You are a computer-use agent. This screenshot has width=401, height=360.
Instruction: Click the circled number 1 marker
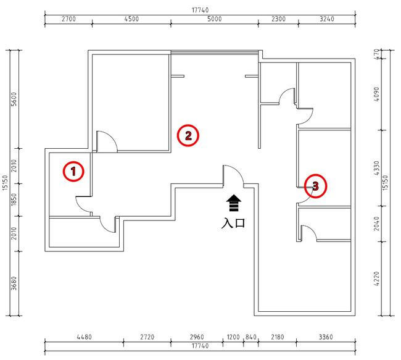[x=73, y=171]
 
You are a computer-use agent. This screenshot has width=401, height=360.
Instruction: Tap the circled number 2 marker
[x=188, y=135]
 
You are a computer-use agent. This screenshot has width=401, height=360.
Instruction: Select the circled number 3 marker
[x=315, y=186]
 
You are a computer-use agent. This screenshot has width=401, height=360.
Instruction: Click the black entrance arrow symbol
[x=234, y=203]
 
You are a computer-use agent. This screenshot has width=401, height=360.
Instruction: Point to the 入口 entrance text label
[x=233, y=223]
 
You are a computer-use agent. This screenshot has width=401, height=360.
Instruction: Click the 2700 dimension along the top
[x=68, y=19]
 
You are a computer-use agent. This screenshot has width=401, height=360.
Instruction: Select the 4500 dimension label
[x=131, y=19]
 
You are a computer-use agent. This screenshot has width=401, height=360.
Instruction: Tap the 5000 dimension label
[x=214, y=19]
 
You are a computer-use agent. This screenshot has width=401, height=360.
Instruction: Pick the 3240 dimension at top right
[x=327, y=19]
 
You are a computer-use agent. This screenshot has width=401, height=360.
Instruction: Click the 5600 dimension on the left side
[x=14, y=99]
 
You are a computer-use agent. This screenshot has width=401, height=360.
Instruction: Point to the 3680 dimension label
[x=14, y=283]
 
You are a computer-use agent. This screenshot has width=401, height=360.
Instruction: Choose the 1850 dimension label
[x=14, y=199]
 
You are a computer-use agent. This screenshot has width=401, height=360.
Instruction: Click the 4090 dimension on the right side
[x=376, y=94]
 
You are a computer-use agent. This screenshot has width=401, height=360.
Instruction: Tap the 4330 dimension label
[x=376, y=168]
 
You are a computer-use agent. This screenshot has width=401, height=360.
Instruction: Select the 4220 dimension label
[x=376, y=279]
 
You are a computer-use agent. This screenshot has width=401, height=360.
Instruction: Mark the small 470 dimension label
[x=376, y=54]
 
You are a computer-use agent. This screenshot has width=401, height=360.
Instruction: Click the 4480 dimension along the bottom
[x=84, y=337]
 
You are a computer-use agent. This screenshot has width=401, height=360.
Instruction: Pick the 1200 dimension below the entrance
[x=233, y=337]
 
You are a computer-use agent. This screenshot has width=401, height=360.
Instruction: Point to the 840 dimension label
[x=251, y=337]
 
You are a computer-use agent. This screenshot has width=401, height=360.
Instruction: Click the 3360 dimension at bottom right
[x=326, y=337]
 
